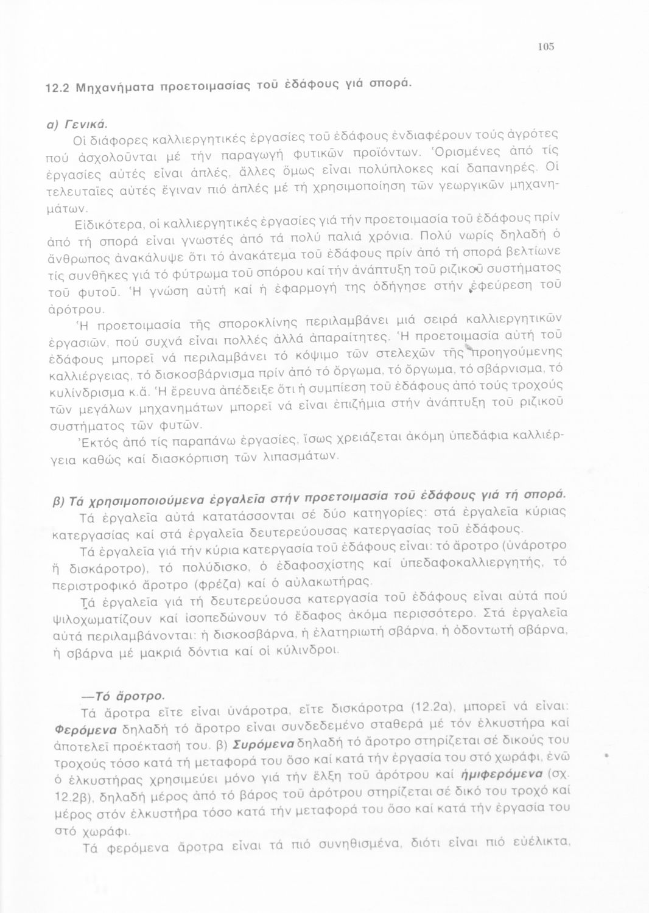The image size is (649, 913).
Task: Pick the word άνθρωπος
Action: (x=74, y=258)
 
